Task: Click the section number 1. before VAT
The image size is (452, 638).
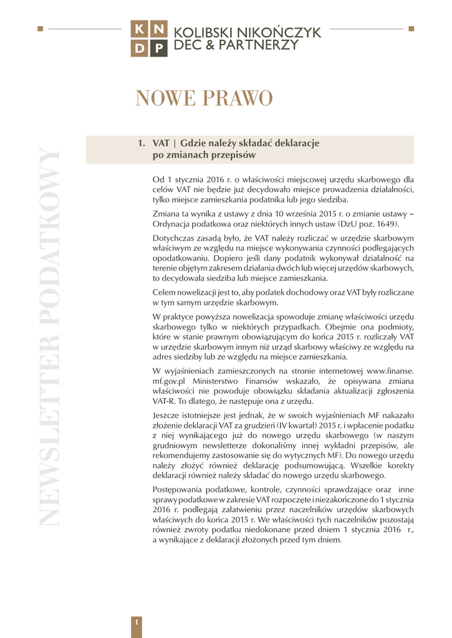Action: click(141, 143)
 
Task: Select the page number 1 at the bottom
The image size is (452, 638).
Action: click(137, 621)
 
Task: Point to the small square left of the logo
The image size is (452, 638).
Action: click(41, 28)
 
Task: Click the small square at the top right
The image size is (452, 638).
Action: click(411, 28)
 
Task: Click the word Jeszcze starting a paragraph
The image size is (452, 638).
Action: click(170, 415)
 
